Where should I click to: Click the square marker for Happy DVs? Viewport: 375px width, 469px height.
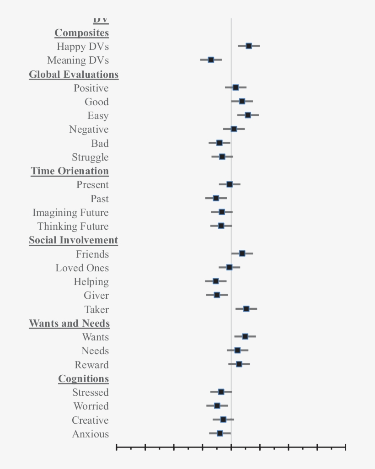click(249, 46)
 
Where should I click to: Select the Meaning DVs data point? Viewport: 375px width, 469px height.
click(211, 59)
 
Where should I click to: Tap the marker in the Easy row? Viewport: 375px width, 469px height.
click(248, 115)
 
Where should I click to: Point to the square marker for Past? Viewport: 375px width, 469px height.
click(216, 198)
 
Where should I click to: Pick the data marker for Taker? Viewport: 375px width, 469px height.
click(246, 309)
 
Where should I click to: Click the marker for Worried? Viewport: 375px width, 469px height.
click(217, 405)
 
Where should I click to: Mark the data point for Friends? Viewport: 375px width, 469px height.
click(242, 253)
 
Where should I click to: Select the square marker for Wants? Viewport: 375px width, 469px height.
click(245, 336)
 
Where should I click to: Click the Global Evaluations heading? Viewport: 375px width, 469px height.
click(74, 75)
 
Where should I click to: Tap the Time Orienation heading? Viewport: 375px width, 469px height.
click(70, 171)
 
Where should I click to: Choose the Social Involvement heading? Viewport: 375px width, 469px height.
click(73, 240)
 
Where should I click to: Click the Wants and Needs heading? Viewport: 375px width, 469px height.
click(70, 323)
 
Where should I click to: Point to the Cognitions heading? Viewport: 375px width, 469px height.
click(83, 379)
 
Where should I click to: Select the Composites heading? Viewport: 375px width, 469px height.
click(82, 33)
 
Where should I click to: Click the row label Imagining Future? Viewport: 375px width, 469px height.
click(70, 213)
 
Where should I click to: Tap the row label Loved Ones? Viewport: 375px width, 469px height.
click(82, 268)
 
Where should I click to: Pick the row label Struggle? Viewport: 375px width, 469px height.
click(90, 157)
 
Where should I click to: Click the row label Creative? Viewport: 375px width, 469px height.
click(90, 420)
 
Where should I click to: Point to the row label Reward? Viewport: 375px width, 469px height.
click(91, 365)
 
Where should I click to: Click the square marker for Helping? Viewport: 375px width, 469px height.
click(216, 281)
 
